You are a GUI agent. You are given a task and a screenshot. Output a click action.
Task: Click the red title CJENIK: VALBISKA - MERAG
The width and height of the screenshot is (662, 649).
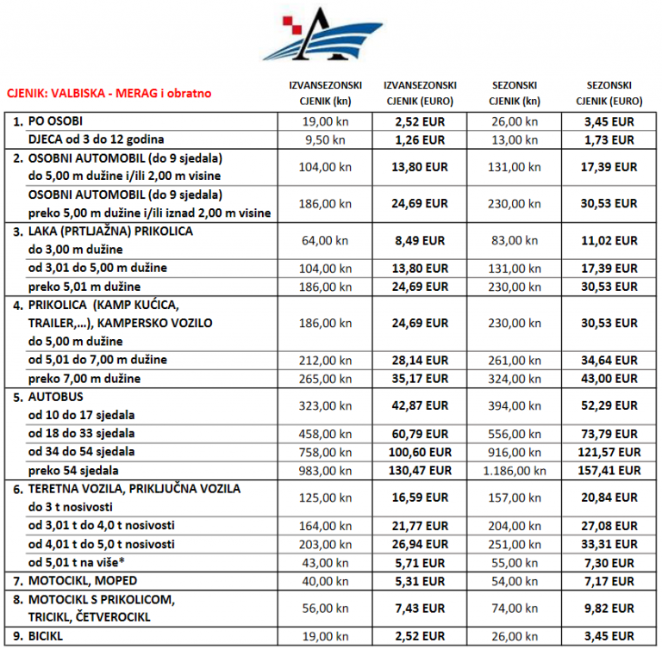click(109, 93)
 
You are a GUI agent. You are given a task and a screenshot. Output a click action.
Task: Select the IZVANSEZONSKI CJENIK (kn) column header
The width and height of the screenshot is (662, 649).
click(324, 92)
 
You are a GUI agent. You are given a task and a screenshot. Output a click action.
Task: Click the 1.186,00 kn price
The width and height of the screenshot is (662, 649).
click(515, 470)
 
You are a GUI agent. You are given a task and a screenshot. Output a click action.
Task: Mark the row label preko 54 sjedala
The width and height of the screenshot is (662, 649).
click(72, 470)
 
